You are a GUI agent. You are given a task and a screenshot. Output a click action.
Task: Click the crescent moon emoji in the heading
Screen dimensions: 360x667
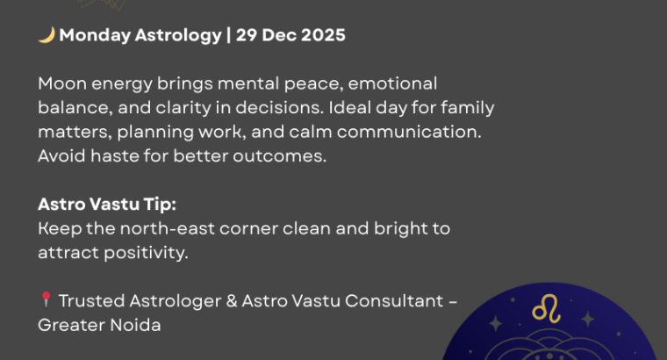tap(47, 36)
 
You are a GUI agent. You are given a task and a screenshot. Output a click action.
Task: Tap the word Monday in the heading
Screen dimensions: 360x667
tap(92, 36)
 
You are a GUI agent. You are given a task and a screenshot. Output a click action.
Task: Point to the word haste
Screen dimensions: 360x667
tap(111, 156)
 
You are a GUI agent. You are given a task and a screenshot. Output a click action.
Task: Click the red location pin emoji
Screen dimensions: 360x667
tap(46, 300)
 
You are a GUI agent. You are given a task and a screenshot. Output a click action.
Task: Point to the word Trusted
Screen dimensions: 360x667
tap(89, 300)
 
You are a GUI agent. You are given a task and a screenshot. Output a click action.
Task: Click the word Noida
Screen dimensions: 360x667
tap(134, 324)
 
